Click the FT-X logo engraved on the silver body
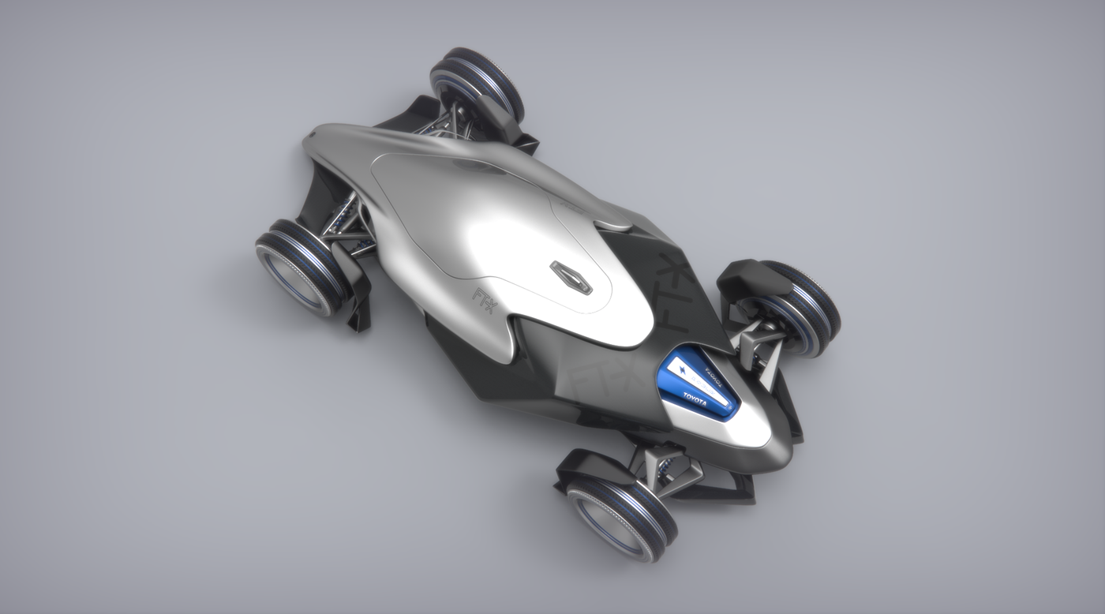[x=484, y=298]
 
